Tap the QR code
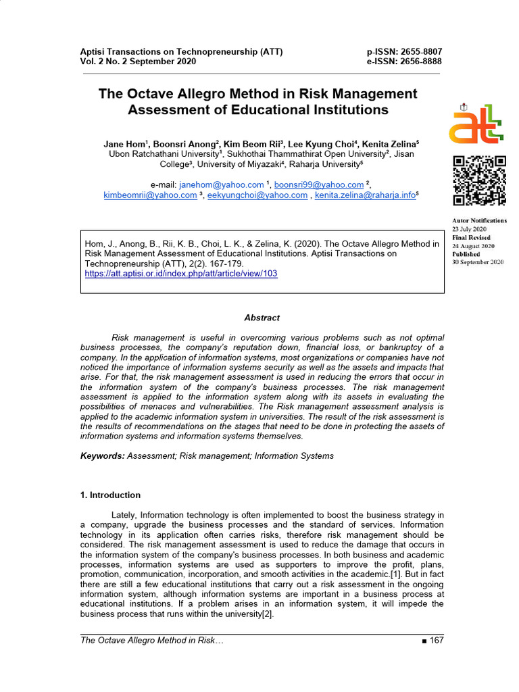point(478,180)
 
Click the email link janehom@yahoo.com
point(221,184)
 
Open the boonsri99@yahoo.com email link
point(318,184)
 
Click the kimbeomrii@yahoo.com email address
point(150,195)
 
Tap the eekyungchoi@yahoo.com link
point(257,195)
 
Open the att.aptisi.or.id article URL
point(180,274)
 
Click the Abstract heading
point(262,318)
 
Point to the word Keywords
point(102,456)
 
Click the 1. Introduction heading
point(110,495)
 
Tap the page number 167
point(436,641)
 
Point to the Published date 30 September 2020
point(478,262)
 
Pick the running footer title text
point(151,641)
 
